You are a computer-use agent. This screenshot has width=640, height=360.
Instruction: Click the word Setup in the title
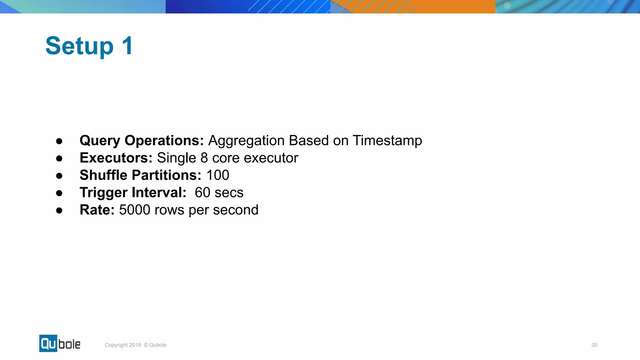79,46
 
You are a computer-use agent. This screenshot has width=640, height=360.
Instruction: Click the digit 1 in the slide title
127,46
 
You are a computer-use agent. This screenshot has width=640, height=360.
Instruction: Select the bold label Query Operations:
142,141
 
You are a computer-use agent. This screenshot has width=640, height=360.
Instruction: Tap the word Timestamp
387,141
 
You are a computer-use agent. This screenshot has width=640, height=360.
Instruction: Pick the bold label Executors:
116,158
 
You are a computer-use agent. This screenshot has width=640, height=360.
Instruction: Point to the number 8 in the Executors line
204,158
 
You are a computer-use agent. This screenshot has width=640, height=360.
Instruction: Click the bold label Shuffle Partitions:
140,175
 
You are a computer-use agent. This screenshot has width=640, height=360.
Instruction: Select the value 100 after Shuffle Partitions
218,175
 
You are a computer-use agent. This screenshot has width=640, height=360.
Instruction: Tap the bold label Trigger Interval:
133,192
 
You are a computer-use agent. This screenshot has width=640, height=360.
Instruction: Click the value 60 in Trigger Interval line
202,192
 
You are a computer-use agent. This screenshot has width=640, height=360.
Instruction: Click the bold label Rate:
97,210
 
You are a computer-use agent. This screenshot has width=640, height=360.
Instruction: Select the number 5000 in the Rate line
135,210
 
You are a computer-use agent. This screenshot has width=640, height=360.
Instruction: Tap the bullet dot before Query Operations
59,141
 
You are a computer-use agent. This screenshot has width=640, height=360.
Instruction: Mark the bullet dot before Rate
59,211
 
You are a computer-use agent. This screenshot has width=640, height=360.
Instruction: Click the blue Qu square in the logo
48,343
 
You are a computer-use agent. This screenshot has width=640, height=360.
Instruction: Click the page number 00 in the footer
594,345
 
